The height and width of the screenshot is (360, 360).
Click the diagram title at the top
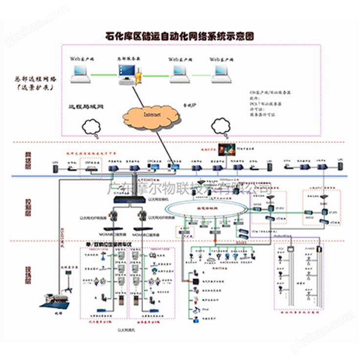coord(180,36)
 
